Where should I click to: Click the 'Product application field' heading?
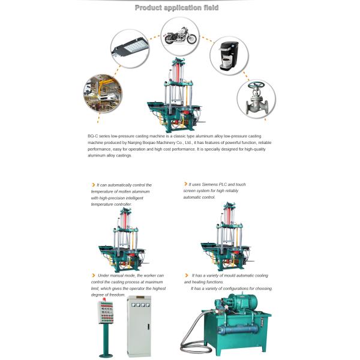point(176,8)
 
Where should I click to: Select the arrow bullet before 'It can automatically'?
point(92,185)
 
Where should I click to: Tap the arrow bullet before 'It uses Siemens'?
point(185,185)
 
